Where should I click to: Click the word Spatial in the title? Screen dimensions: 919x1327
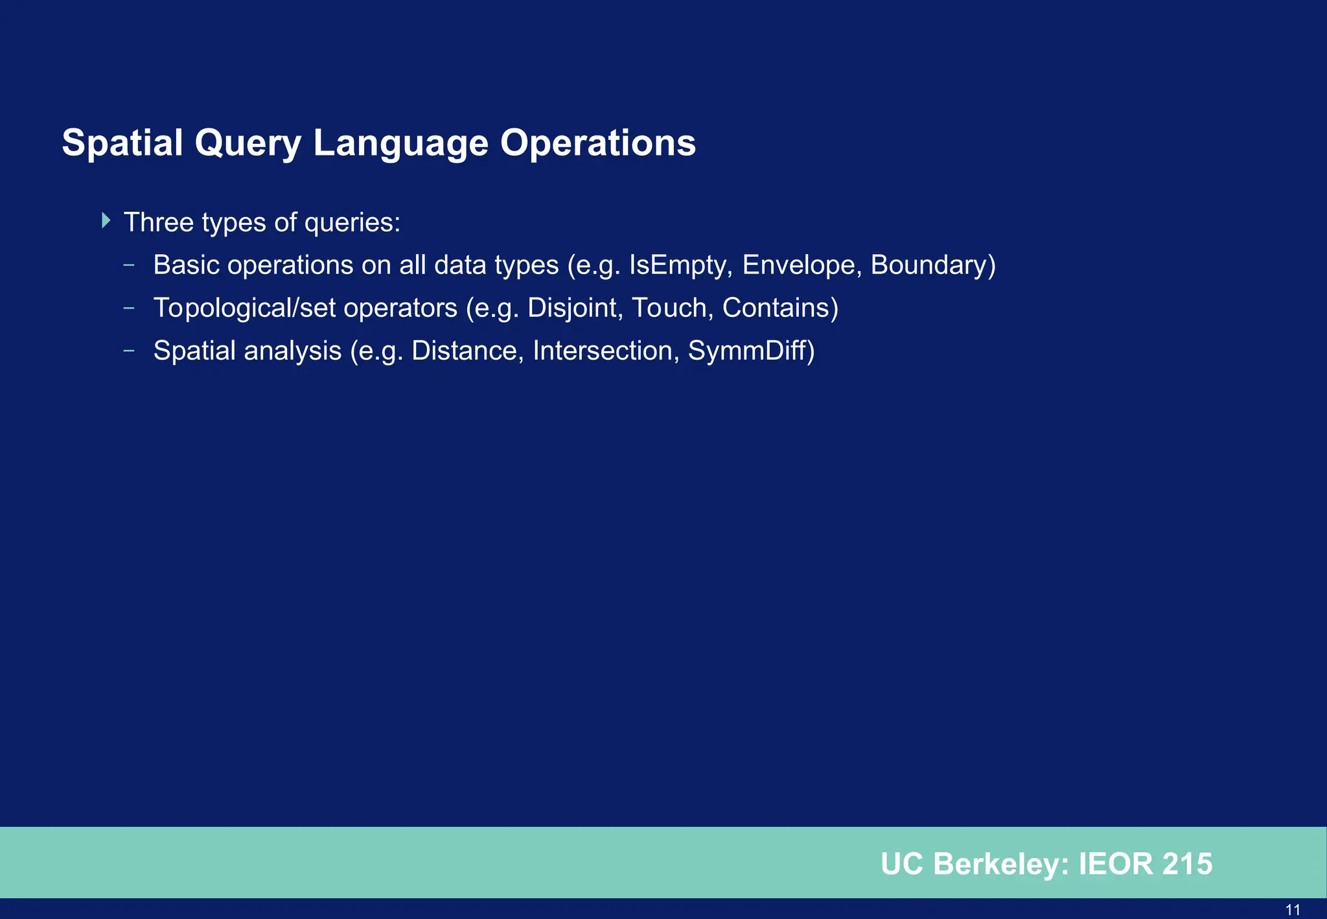point(122,143)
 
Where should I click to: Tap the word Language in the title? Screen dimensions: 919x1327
point(400,143)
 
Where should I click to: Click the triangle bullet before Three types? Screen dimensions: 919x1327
point(106,220)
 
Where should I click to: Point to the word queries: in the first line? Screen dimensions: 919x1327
point(352,223)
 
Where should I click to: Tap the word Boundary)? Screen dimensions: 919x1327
point(933,266)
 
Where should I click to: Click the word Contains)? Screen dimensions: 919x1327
point(780,308)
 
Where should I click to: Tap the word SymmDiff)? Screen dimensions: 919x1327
point(751,351)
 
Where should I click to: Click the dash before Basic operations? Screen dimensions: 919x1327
point(129,264)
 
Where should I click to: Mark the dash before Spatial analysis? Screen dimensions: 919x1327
point(129,351)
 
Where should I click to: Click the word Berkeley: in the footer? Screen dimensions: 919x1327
point(1001,865)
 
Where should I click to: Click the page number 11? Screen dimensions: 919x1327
point(1293,910)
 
